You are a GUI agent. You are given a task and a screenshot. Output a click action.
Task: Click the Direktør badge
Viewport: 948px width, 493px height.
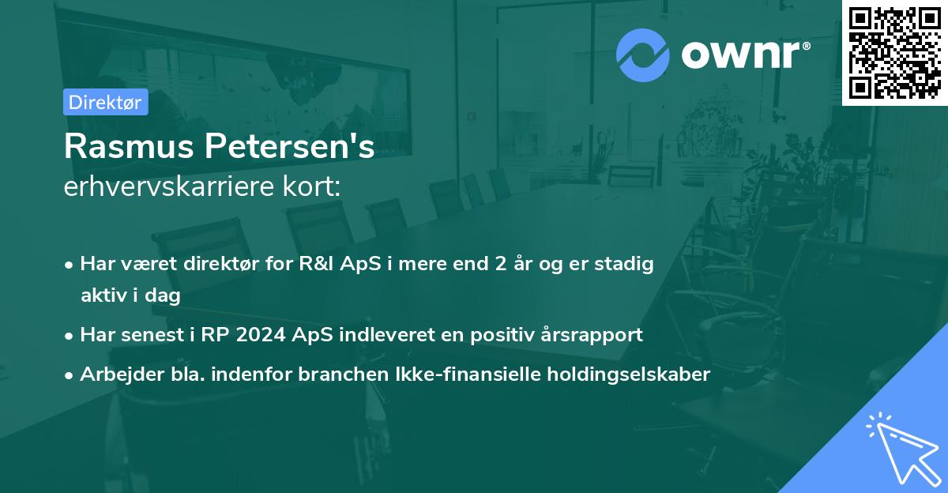click(105, 102)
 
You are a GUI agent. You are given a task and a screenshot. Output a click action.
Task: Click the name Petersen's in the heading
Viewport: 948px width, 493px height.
click(292, 148)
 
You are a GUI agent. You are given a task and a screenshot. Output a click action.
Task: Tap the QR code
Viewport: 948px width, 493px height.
click(895, 52)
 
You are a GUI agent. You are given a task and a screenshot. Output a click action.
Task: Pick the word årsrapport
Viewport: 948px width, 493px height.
click(596, 334)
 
